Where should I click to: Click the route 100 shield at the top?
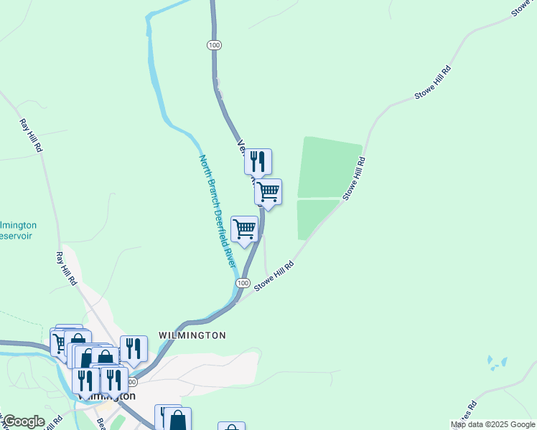tap(214, 45)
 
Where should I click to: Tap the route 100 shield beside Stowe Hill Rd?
tap(243, 284)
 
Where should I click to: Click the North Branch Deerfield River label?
tap(218, 211)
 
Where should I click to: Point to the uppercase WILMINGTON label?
tap(192, 335)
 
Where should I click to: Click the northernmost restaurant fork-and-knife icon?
tap(258, 161)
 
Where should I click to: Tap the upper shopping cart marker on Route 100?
tap(268, 192)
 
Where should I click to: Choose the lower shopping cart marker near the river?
tap(245, 229)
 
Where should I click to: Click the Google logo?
tap(23, 421)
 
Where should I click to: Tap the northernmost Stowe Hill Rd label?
tap(433, 83)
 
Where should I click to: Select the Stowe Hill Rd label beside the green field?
tap(355, 178)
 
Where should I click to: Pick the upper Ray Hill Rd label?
tap(30, 135)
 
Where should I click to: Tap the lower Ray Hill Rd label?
tap(66, 269)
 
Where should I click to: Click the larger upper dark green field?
tap(329, 168)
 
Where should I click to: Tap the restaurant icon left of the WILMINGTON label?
tap(134, 349)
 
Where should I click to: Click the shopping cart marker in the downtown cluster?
tap(59, 342)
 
